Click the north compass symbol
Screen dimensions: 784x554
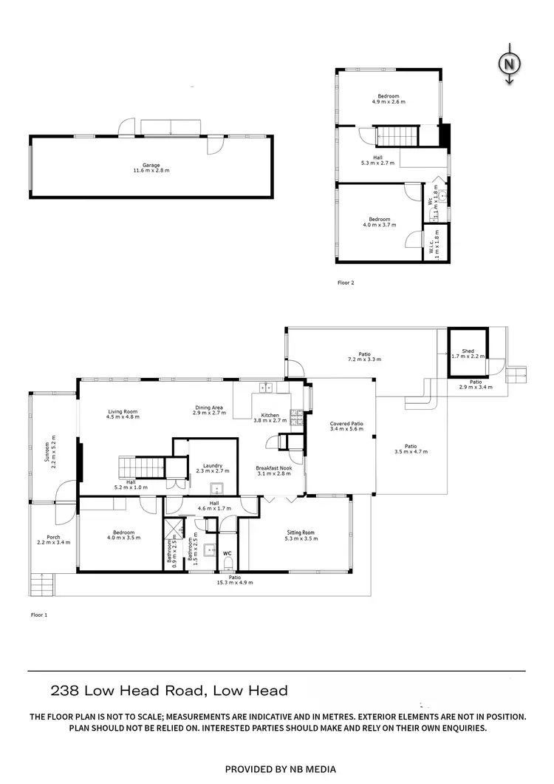point(509,64)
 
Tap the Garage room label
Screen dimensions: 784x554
point(151,166)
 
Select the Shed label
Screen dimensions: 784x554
point(468,351)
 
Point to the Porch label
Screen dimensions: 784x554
point(53,538)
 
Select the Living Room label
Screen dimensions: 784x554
point(123,412)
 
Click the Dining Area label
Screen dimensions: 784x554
point(209,408)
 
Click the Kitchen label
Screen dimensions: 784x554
point(270,416)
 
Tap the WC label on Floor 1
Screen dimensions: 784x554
point(228,552)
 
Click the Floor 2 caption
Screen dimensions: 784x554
point(346,283)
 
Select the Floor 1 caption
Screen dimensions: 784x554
point(39,615)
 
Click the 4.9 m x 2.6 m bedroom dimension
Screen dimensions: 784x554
point(389,102)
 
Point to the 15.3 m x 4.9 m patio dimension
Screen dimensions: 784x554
point(234,583)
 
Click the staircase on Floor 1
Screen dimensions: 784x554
point(142,467)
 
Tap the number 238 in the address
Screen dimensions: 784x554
point(64,692)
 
